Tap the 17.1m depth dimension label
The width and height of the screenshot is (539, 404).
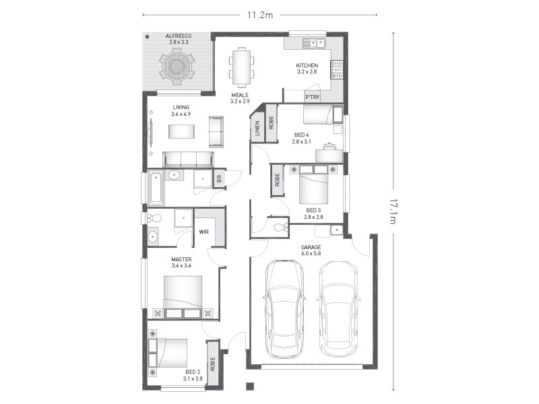[393, 211]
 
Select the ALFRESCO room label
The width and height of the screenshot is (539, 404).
[179, 36]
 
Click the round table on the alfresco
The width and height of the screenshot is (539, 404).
[177, 65]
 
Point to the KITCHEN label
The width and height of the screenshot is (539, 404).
[307, 65]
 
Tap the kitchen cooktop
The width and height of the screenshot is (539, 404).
[337, 69]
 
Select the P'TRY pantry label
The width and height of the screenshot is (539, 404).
[313, 97]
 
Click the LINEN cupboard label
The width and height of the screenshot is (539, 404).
[257, 128]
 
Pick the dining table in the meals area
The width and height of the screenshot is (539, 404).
[242, 67]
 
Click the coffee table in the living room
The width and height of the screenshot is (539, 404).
[181, 131]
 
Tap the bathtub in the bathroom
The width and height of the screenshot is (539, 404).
[156, 189]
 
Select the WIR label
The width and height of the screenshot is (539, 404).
[204, 232]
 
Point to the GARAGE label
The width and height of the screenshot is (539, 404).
[311, 247]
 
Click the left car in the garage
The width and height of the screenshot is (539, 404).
[284, 308]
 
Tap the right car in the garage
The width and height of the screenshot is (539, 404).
[339, 309]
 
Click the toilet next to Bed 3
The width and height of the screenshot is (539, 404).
[281, 227]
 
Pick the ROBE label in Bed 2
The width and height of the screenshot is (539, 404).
[213, 364]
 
